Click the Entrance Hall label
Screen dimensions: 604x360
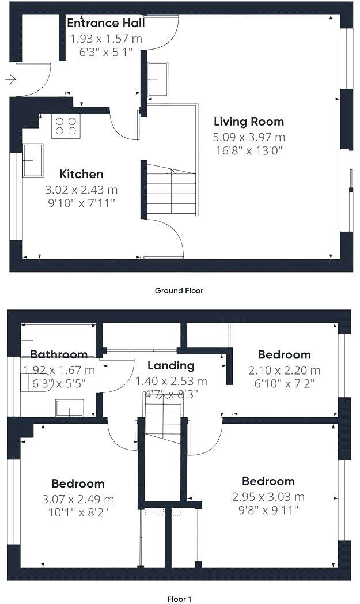(105, 23)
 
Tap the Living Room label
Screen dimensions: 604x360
(248, 122)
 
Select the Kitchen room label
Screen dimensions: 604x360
(82, 174)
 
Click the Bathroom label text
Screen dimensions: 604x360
(59, 354)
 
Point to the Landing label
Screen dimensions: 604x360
(170, 365)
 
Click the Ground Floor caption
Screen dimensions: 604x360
(179, 290)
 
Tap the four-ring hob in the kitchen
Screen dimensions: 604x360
(66, 126)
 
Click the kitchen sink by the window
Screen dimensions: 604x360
(33, 160)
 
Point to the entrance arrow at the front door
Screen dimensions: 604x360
(10, 79)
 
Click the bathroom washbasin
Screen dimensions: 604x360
(69, 408)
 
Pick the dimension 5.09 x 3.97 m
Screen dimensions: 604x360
(249, 137)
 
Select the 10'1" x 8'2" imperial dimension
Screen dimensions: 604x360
(78, 511)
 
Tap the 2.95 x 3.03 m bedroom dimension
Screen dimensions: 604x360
(268, 497)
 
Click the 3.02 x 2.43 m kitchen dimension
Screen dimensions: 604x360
(81, 190)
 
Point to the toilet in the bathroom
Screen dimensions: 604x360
(35, 383)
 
